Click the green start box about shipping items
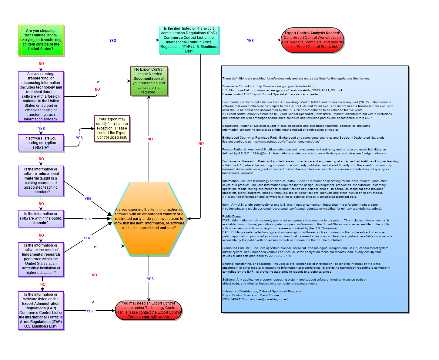(x=41, y=40)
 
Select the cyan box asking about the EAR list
(x=189, y=40)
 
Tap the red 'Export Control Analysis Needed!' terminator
(x=312, y=40)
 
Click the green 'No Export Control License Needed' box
(x=149, y=81)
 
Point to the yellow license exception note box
(x=112, y=128)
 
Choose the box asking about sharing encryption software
(x=41, y=143)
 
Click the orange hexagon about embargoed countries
(x=149, y=219)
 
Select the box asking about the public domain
(x=41, y=219)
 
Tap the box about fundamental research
(x=41, y=259)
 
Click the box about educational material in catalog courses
(x=41, y=181)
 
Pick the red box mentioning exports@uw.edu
(x=149, y=310)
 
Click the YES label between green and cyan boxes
(x=113, y=41)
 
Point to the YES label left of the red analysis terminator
(x=250, y=41)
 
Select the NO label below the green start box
(x=41, y=64)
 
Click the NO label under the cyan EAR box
(x=201, y=144)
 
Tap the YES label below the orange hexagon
(x=150, y=279)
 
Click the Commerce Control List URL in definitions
(x=285, y=86)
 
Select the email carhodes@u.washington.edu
(x=269, y=299)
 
